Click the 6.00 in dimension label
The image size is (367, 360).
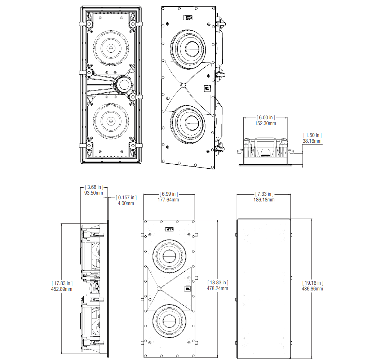[x=266, y=117]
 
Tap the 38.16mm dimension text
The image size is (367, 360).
[x=312, y=141]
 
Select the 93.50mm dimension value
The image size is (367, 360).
[x=94, y=193]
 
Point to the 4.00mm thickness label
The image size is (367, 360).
[x=126, y=204]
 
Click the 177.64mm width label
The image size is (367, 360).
[x=168, y=200]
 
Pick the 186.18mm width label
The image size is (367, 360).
[x=264, y=200]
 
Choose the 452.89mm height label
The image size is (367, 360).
[x=62, y=289]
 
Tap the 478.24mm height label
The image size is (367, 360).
[x=217, y=288]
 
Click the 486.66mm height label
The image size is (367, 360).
[x=313, y=289]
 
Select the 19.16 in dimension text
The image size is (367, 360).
[x=313, y=283]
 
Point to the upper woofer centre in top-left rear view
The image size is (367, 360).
[x=111, y=48]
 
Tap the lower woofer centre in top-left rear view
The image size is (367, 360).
[x=111, y=121]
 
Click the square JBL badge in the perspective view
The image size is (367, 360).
[x=207, y=88]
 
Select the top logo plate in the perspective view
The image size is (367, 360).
[x=188, y=18]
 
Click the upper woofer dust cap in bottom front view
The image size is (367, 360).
[x=169, y=256]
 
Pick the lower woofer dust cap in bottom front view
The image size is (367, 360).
[x=169, y=321]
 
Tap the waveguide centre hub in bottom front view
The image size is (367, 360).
[x=159, y=289]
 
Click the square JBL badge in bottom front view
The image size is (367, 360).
[x=188, y=289]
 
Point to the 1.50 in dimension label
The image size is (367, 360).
[x=313, y=135]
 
